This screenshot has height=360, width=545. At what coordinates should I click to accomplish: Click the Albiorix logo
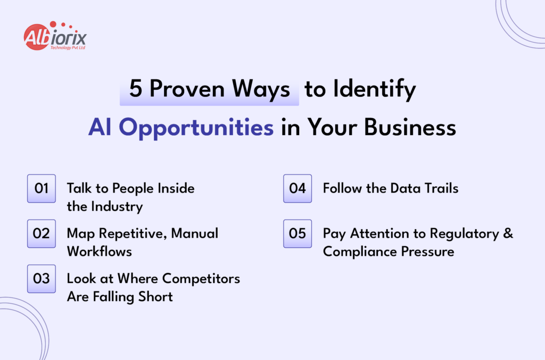54,37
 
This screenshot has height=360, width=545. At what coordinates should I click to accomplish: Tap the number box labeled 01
42,189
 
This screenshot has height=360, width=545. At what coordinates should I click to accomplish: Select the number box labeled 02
42,233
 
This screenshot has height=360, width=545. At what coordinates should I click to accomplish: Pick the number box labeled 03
42,279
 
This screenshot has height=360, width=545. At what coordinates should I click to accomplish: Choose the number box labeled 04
297,189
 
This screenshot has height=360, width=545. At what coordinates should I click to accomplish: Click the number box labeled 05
297,233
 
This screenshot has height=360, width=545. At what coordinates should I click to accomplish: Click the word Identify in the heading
375,89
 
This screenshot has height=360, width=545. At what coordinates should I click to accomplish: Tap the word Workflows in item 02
100,251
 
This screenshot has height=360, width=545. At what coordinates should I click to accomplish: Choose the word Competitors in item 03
201,279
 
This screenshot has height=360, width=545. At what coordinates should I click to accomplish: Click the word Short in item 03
155,296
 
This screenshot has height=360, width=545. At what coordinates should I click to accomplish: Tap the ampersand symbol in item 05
508,233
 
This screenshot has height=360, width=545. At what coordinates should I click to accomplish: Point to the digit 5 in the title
136,89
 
